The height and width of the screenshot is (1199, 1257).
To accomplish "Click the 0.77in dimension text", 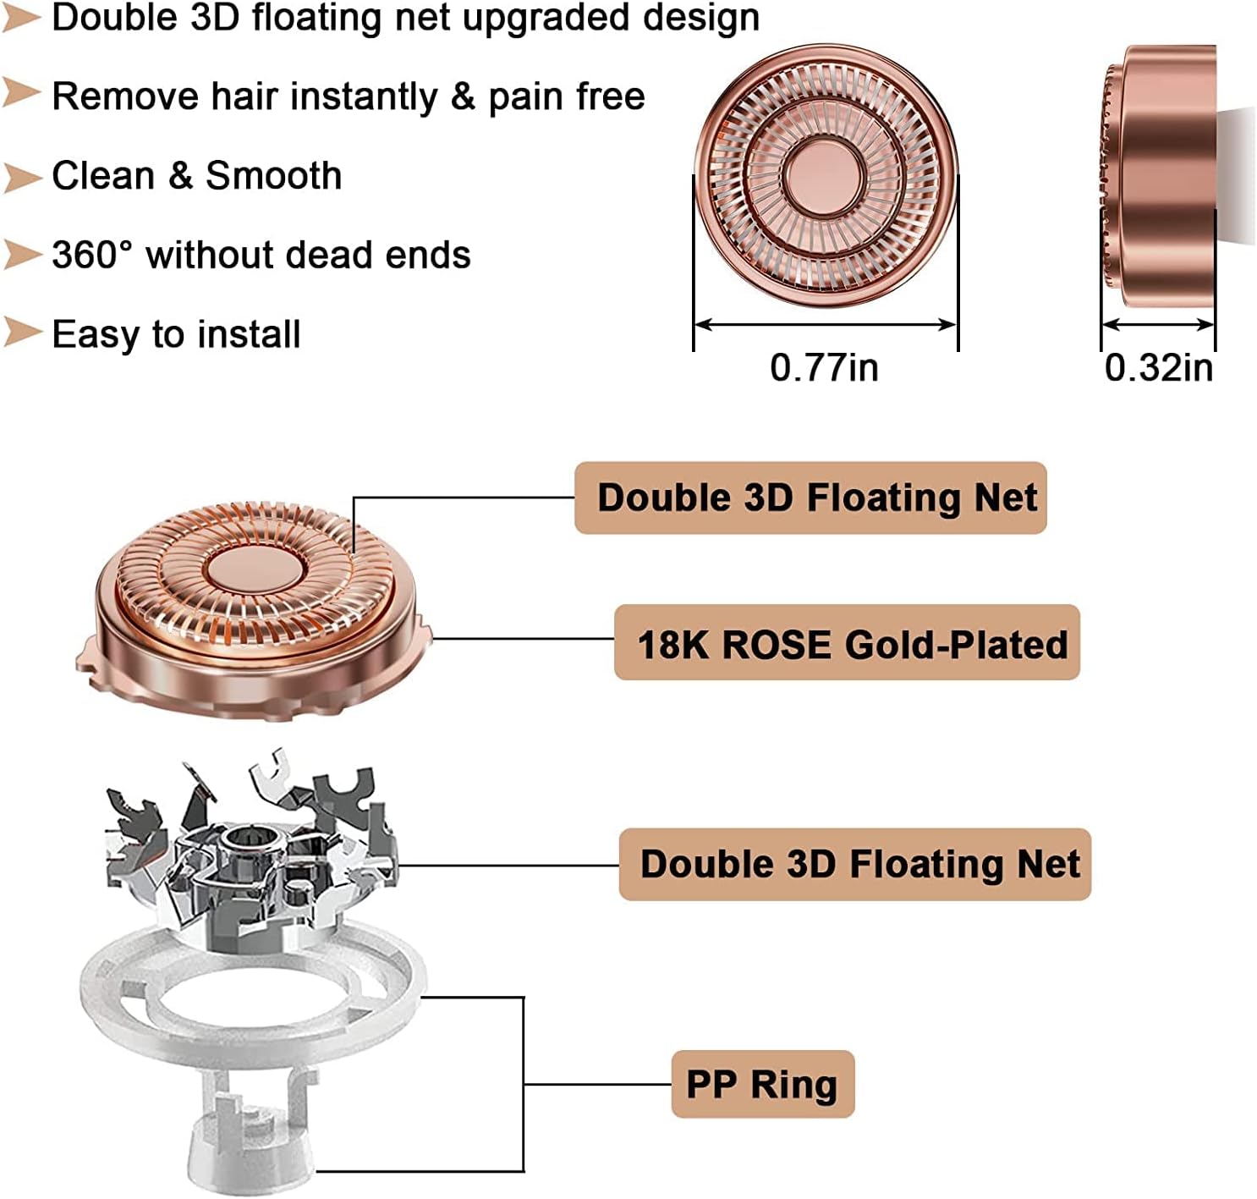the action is coord(824,368).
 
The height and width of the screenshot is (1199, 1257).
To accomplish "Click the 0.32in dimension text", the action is coord(1159,368).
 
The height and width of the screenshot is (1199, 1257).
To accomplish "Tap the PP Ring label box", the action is coord(762,1084).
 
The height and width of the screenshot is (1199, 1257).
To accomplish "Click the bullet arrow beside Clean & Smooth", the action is coord(22,177).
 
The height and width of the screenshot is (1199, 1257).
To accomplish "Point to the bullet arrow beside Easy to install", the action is coord(22,333).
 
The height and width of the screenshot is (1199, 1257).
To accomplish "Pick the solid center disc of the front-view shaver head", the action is coord(825,174).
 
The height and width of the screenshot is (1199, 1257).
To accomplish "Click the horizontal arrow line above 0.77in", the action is coord(825,324).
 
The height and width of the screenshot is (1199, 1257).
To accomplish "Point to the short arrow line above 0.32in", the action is coord(1158,324).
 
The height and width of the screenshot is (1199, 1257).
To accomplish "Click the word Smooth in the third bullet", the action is coord(274,176).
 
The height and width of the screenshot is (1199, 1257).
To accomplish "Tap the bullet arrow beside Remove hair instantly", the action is coord(22,93).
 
